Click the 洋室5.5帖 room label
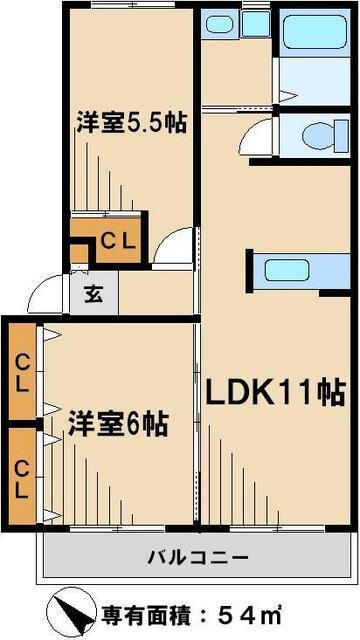(x=133, y=124)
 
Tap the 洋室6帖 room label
(x=117, y=425)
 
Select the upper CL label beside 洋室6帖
(x=20, y=371)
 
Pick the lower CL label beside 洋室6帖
(x=20, y=477)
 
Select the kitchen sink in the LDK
(x=286, y=270)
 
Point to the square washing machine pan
(x=256, y=23)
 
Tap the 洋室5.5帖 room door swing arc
(x=175, y=246)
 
